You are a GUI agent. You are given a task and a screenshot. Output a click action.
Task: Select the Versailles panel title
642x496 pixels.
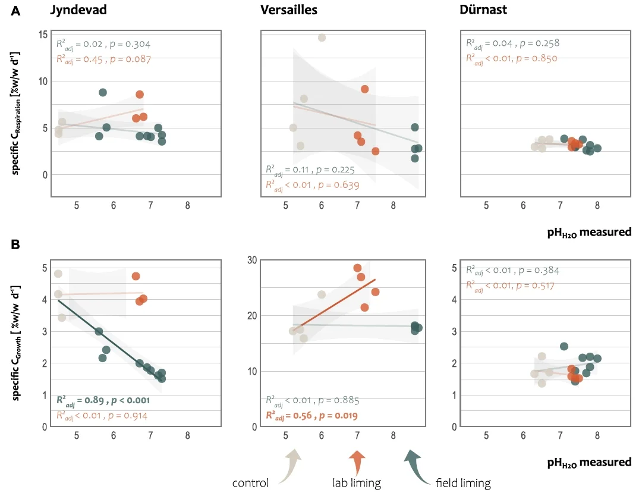(288, 10)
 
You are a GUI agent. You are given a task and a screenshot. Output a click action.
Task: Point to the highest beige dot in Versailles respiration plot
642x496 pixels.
(322, 37)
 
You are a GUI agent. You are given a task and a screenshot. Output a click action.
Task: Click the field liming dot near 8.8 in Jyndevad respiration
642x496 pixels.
(103, 92)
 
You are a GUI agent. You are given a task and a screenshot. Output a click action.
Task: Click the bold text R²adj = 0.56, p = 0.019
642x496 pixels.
(312, 415)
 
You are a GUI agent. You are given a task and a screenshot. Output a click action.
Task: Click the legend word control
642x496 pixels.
(250, 483)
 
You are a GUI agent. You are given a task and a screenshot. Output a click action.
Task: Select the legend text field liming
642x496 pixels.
(463, 483)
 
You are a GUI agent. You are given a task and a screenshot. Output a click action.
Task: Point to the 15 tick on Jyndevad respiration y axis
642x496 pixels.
(43, 34)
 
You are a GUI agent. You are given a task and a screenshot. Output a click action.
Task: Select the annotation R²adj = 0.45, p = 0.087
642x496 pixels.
(103, 59)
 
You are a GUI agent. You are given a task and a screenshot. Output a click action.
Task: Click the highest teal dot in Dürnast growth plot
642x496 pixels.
(564, 346)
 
